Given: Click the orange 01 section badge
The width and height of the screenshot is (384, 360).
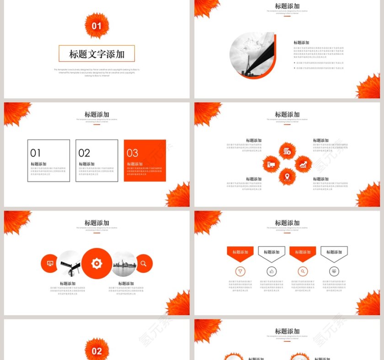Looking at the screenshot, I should tap(97, 26).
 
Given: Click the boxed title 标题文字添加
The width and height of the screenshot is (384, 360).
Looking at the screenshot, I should tap(97, 54).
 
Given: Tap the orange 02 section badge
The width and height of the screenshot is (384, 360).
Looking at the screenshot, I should tap(97, 351).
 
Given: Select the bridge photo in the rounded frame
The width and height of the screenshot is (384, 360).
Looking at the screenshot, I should tap(252, 55).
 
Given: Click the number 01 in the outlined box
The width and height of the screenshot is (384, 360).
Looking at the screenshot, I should tap(36, 153).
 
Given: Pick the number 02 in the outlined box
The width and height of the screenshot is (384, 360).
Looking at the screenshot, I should tap(84, 153).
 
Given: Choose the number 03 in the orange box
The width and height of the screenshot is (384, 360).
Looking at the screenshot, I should tap(133, 153).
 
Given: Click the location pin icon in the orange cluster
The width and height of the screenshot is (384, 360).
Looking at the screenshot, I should tap(287, 176).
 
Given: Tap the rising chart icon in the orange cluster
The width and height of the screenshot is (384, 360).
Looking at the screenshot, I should tap(303, 164).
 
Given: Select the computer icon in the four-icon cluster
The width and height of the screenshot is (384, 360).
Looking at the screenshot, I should tap(271, 164).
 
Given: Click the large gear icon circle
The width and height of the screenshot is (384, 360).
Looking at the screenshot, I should tap(97, 264).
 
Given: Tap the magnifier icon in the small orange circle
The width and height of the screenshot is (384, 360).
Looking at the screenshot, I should tap(144, 264).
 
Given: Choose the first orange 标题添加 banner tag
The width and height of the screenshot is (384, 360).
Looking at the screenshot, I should tap(240, 252).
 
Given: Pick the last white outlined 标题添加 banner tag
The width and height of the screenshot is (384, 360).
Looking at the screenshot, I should tap(334, 252).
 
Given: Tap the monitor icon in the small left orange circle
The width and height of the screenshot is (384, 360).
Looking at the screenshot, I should tap(50, 264).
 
